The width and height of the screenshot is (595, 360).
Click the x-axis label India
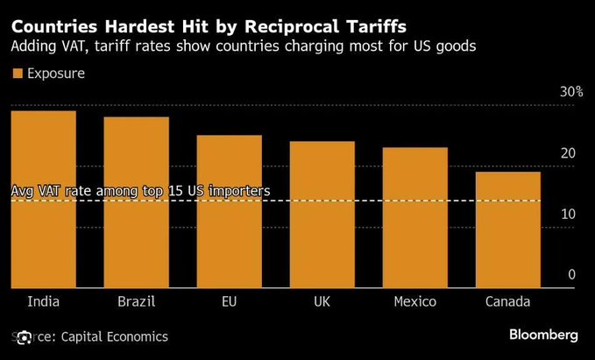point(44,302)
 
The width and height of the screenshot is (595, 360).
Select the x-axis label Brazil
point(136,302)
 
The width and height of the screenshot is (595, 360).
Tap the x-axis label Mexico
point(414,302)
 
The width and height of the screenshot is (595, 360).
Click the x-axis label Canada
point(507,302)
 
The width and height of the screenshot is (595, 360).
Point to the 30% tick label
point(571,93)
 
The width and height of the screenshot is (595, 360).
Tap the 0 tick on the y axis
point(571,275)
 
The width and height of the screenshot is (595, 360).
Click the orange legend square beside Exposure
point(16,74)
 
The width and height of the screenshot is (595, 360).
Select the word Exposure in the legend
point(56,74)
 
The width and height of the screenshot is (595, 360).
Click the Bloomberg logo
point(543,335)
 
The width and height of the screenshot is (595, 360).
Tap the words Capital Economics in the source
point(114,336)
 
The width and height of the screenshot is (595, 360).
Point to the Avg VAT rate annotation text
point(140,191)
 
